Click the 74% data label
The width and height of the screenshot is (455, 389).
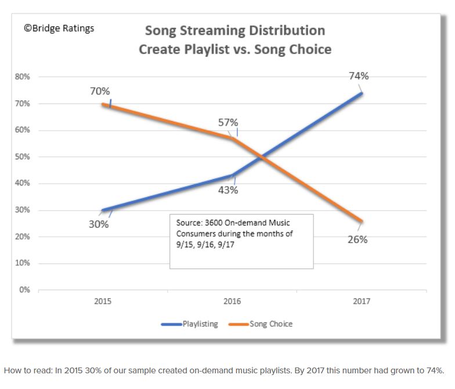point(358,76)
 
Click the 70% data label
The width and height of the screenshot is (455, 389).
point(100,91)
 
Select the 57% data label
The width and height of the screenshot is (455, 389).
point(228,123)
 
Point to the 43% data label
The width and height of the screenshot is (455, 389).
point(228,190)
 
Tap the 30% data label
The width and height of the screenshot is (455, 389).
point(99,224)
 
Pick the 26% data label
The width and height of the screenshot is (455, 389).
point(358,239)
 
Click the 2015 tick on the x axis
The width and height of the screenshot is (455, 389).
point(103,301)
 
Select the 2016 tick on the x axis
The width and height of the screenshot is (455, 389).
point(232,301)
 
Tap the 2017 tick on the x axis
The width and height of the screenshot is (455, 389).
point(360,301)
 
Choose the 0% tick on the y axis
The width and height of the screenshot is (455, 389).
point(25,290)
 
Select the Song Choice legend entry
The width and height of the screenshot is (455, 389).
point(271,324)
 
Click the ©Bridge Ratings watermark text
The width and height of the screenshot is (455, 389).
point(59,27)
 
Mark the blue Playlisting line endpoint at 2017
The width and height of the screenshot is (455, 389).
point(361,93)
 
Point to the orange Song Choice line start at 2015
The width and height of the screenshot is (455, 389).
point(103,104)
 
